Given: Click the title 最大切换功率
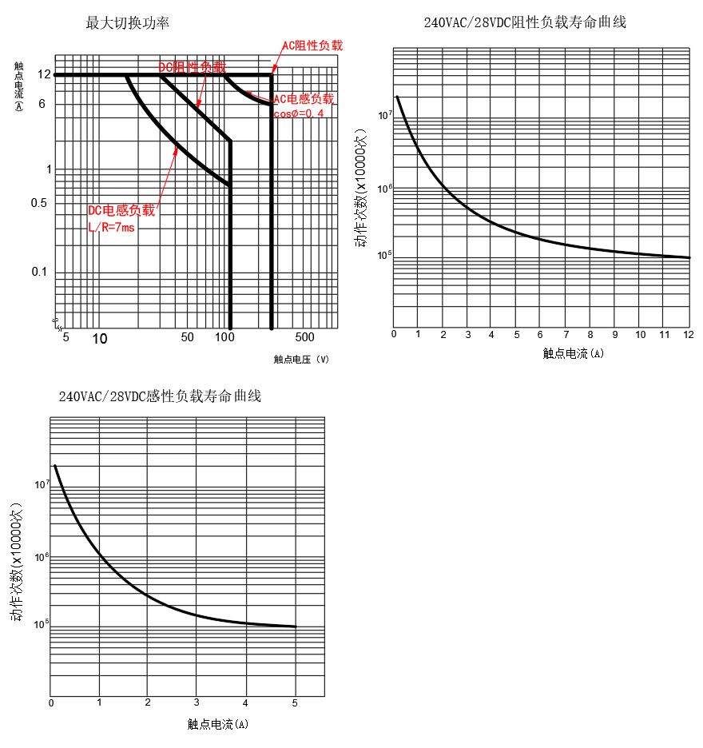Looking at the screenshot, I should [x=128, y=22].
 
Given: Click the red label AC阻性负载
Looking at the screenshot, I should [x=312, y=46].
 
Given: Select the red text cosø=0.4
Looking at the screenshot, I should [x=298, y=113].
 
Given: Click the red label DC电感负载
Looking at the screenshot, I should [x=121, y=210].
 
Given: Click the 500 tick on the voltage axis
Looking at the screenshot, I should [x=304, y=337].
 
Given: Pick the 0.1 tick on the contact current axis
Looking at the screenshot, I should [x=40, y=272].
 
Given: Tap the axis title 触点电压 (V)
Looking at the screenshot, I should [x=301, y=360].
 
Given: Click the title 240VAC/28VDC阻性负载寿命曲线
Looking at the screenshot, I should [x=525, y=22].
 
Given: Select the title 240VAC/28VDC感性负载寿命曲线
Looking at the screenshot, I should [x=160, y=396].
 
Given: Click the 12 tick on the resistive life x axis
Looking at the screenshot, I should [x=689, y=333].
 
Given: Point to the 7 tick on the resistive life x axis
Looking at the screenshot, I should [x=566, y=333].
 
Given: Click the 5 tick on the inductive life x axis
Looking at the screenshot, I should [x=295, y=703].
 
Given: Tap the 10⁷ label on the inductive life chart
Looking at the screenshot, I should [x=42, y=484].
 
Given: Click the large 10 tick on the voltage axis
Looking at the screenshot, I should [x=99, y=339].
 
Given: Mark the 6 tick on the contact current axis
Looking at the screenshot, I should [x=42, y=104].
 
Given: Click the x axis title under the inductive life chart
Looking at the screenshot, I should [x=217, y=725].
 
